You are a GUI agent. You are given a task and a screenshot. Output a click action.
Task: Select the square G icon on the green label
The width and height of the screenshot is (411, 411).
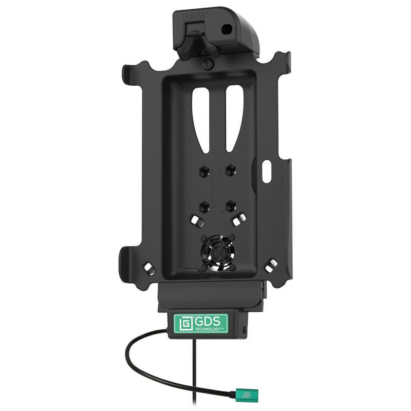(x=184, y=323)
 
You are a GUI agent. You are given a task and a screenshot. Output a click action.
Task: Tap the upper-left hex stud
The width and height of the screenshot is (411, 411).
(x=203, y=169)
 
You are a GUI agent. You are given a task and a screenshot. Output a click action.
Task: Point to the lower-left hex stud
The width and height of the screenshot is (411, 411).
(x=203, y=206)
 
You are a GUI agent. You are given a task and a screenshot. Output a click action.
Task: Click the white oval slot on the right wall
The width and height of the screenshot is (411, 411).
(x=266, y=171)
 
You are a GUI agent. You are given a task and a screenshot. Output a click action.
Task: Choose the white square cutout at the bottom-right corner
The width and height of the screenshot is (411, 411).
(x=272, y=265)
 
